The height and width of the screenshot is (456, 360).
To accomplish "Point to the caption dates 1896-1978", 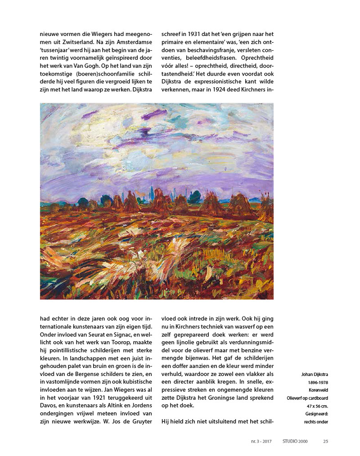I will (317, 382).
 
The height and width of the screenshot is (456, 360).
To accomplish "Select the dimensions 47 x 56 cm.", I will (316, 406).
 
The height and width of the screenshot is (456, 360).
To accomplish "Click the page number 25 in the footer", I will (325, 441).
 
